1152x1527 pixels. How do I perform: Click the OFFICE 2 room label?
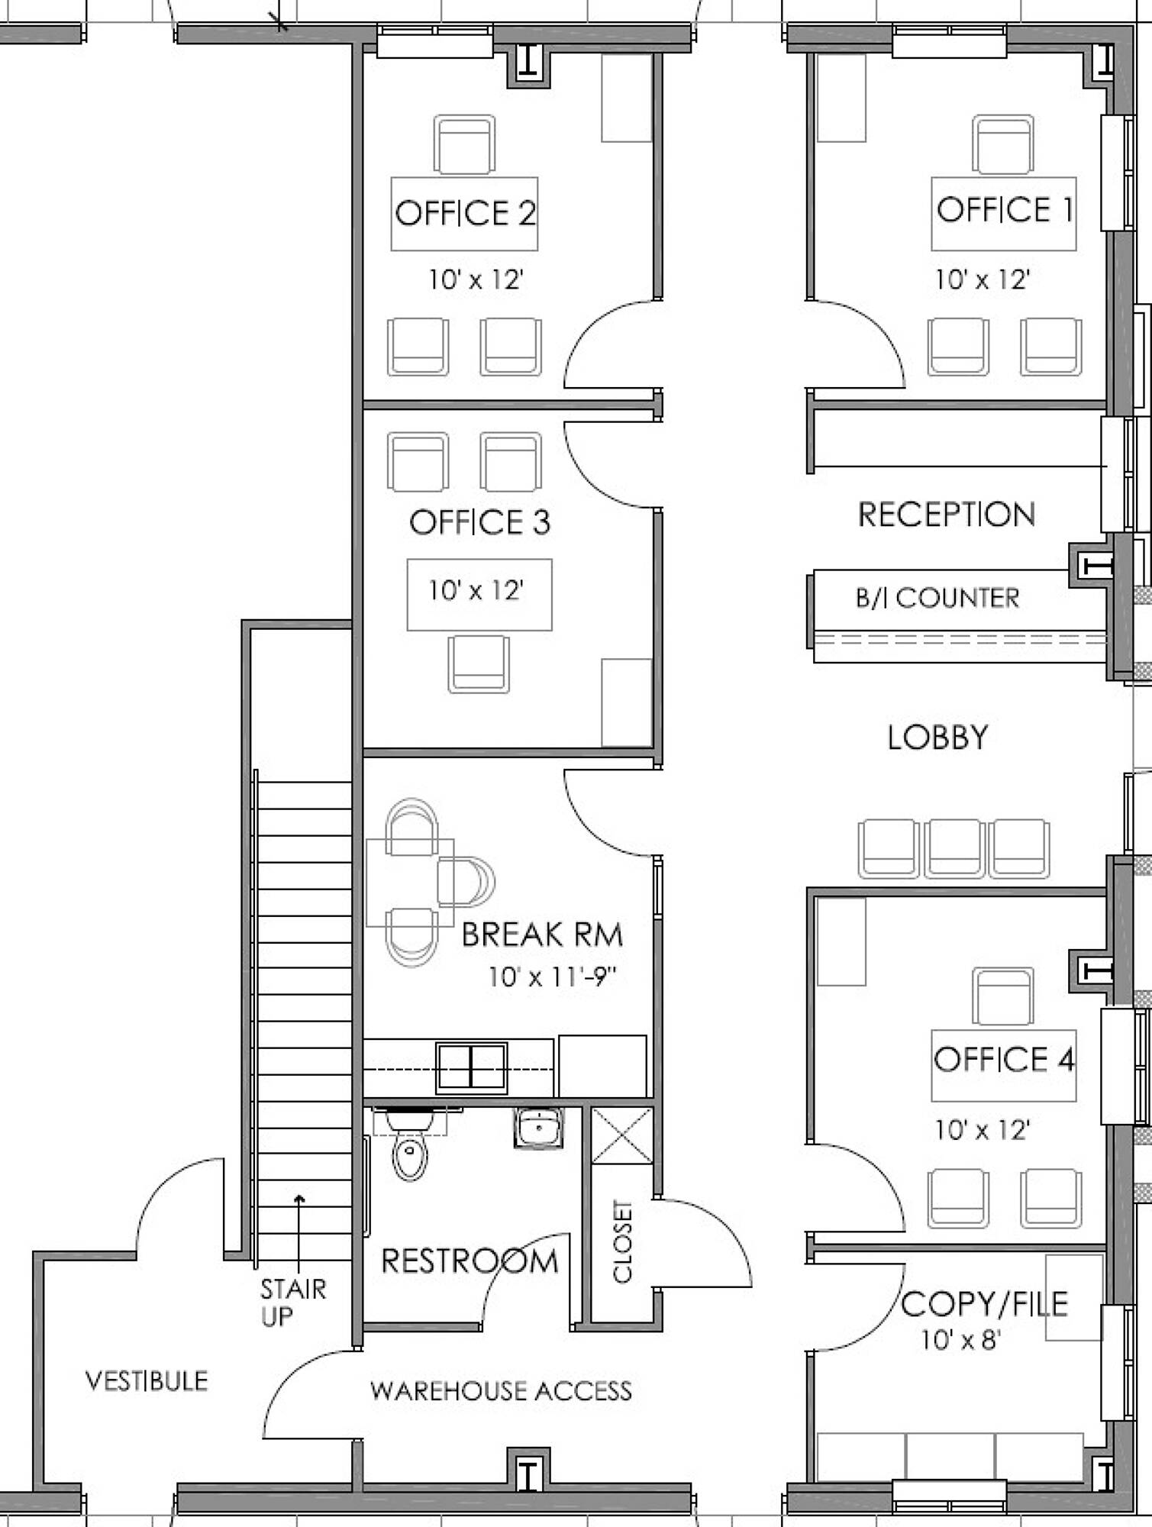pos(465,213)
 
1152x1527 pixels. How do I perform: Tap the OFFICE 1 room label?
pos(1005,209)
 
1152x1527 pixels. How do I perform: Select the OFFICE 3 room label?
pos(479,522)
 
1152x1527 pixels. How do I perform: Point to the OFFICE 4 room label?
pos(1004,1059)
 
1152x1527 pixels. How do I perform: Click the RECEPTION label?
pos(947,515)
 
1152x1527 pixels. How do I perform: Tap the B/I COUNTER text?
pos(937,598)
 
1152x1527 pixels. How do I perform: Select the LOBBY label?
pos(937,737)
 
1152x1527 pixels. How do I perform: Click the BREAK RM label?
pos(542,935)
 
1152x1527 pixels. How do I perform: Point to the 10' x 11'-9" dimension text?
pos(552,977)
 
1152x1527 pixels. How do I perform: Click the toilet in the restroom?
pos(410,1143)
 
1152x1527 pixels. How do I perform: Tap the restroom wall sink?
pos(539,1128)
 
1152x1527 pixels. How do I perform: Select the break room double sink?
pos(472,1067)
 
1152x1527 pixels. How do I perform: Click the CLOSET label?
pos(623,1241)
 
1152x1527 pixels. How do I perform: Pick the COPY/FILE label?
pos(984,1304)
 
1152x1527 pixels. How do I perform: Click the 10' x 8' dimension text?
pos(960,1340)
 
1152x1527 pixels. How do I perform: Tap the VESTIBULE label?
pos(147,1380)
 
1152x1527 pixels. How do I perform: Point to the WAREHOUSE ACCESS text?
pos(501,1391)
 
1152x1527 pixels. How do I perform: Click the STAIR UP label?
pos(292,1303)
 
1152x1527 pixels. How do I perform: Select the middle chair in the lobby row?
pos(954,848)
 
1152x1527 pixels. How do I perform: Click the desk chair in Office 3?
pos(479,664)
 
